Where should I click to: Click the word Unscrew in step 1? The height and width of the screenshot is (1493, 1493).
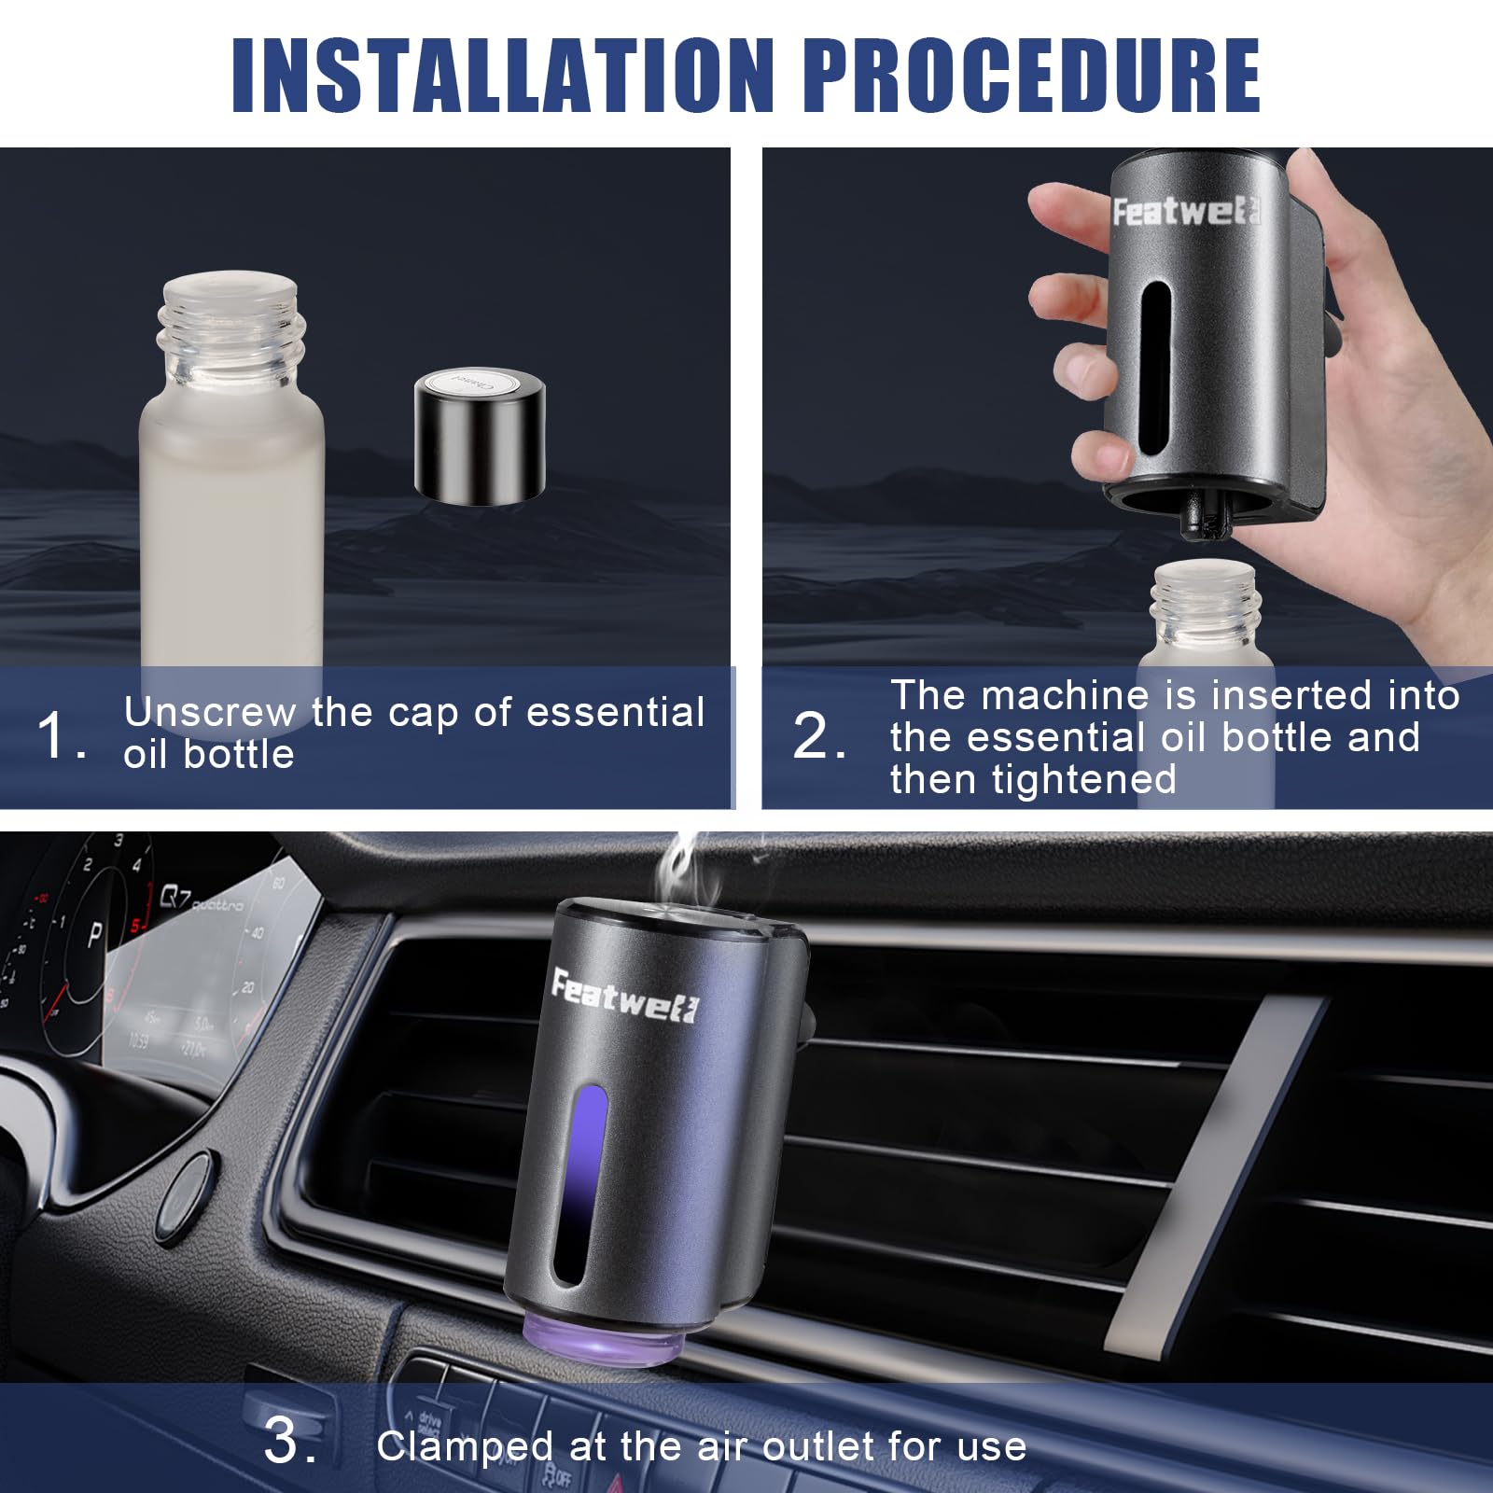coord(208,713)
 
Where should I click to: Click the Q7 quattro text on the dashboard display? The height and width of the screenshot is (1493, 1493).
coord(202,900)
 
